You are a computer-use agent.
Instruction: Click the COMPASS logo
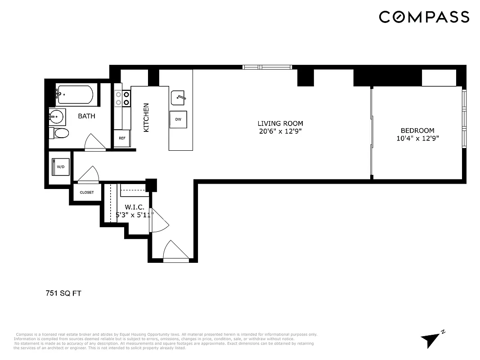tap(424, 17)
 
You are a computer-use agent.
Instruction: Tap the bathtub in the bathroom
tap(75, 94)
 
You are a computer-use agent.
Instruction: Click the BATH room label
tap(87, 116)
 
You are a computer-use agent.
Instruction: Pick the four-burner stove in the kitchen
tap(122, 99)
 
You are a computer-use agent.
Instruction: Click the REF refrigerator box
tap(122, 138)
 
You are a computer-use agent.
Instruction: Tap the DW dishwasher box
tap(178, 119)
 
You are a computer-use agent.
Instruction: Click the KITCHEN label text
tap(146, 117)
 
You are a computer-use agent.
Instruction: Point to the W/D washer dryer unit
tap(61, 166)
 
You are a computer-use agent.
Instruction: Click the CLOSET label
tap(87, 192)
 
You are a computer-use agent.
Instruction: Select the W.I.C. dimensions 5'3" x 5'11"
tap(135, 215)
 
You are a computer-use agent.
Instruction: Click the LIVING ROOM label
tap(280, 123)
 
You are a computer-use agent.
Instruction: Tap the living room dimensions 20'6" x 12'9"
tap(280, 131)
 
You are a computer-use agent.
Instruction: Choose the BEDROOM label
tap(417, 130)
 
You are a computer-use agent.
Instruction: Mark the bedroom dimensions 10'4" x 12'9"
tap(417, 139)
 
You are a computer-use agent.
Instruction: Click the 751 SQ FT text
tap(63, 293)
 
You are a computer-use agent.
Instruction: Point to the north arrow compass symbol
tap(431, 339)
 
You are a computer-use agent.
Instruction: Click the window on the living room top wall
tap(268, 67)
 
